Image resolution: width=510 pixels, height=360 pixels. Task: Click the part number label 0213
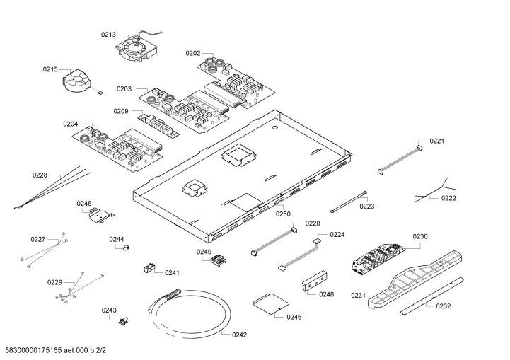point(108,33)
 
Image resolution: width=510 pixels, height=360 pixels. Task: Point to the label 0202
point(193,53)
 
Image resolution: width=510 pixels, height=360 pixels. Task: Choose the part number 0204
point(70,124)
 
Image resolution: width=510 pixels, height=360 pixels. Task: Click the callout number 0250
point(283,214)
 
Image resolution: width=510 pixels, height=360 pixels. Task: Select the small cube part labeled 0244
point(126,248)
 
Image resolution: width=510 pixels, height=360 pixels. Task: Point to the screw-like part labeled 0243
point(124,323)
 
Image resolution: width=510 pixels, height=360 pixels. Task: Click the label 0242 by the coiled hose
point(240,335)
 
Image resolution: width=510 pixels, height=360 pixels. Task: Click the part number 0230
point(420,236)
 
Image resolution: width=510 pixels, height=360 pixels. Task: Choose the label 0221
point(437,141)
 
